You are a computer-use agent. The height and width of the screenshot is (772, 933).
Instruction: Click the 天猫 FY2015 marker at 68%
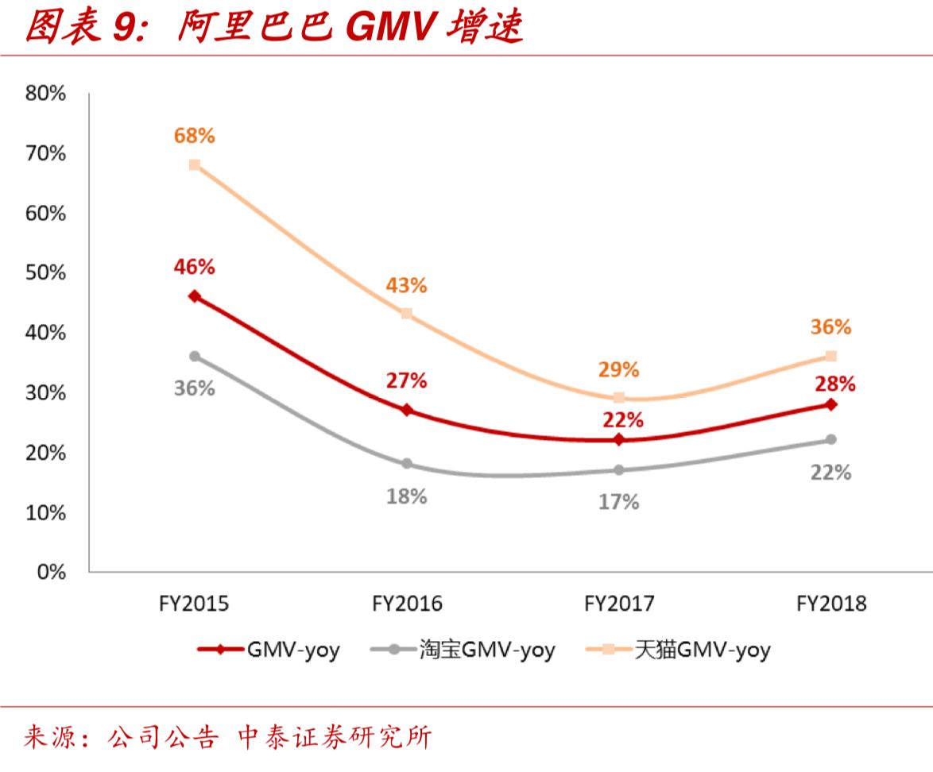(195, 164)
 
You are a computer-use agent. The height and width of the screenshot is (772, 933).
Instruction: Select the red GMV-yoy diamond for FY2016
(407, 410)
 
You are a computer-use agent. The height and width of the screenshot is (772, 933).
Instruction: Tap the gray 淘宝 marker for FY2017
(619, 469)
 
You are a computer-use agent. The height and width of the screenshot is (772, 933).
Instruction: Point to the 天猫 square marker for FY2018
(831, 356)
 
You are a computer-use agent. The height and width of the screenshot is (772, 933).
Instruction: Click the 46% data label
(195, 267)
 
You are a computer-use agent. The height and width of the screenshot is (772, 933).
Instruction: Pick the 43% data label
(407, 285)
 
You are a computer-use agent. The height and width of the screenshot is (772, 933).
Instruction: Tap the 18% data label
(407, 496)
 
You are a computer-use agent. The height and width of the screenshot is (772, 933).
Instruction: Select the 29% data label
(619, 369)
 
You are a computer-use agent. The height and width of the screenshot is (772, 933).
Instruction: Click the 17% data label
(619, 502)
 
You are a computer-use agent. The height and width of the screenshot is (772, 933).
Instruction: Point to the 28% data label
(834, 384)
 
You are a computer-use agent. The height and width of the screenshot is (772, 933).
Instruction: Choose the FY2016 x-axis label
(407, 604)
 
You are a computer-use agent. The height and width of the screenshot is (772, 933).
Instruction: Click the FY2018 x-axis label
(831, 604)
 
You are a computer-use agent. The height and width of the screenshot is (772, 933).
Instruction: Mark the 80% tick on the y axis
(45, 94)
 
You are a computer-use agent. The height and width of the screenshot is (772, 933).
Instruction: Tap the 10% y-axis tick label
(45, 512)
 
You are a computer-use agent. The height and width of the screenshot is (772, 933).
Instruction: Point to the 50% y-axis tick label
(45, 273)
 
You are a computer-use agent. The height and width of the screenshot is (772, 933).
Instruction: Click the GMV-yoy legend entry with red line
(269, 650)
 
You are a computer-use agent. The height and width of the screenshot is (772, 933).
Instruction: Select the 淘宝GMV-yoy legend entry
(463, 650)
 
